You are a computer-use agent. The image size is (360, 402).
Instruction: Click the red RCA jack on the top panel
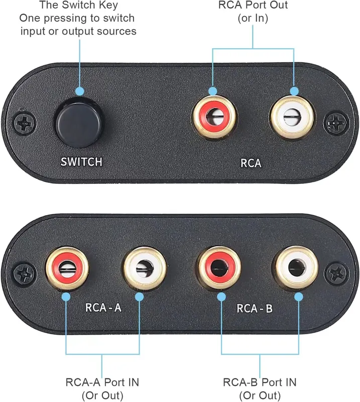(214, 117)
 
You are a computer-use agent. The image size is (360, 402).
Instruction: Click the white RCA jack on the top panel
(292, 118)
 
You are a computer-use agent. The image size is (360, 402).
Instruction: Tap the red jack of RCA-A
(67, 268)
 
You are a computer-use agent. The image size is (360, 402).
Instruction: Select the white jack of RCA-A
(145, 268)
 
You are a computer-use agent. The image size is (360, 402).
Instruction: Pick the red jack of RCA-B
(219, 268)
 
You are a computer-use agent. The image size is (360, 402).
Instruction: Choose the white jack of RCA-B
(297, 268)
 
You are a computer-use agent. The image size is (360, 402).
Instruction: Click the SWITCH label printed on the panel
(81, 162)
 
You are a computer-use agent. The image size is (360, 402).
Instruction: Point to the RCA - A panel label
(103, 308)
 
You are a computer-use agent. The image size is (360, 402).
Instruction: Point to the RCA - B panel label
(255, 308)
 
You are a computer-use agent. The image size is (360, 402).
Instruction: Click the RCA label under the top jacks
(251, 163)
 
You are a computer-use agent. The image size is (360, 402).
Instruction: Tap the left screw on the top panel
(25, 124)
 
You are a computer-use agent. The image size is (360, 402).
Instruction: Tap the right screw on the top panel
(336, 123)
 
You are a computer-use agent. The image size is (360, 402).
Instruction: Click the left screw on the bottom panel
(25, 274)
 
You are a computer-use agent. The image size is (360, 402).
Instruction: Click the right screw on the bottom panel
(337, 273)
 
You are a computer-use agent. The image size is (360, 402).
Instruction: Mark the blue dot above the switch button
(80, 91)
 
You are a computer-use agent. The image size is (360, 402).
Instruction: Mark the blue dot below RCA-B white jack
(299, 297)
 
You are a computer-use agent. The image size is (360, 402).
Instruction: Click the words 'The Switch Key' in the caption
(79, 5)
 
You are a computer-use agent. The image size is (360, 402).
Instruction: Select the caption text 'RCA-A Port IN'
(102, 382)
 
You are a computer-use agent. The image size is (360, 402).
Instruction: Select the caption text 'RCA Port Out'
(253, 5)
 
